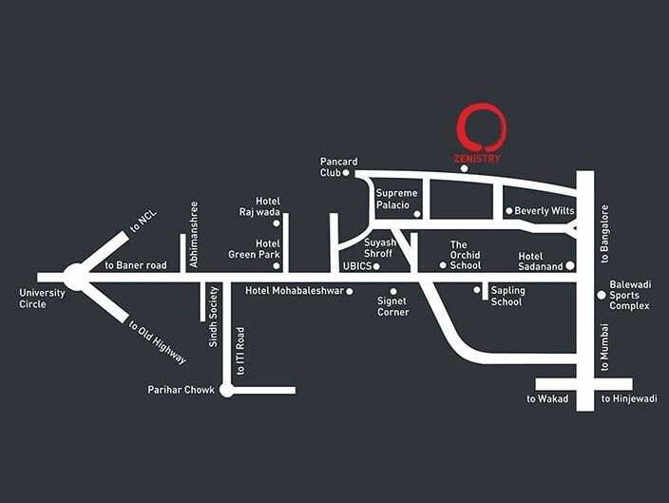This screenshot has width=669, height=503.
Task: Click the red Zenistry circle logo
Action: pyautogui.click(x=482, y=128)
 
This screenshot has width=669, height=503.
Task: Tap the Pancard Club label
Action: pyautogui.click(x=337, y=167)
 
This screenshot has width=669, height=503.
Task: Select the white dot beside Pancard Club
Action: pyautogui.click(x=346, y=173)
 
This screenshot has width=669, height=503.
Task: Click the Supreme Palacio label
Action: pyautogui.click(x=393, y=199)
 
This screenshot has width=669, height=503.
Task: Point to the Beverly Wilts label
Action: pyautogui.click(x=545, y=211)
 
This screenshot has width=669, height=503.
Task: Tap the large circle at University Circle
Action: pyautogui.click(x=75, y=277)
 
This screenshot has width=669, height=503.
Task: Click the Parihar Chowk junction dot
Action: pyautogui.click(x=226, y=390)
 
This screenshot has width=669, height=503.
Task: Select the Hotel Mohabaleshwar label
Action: pyautogui.click(x=294, y=290)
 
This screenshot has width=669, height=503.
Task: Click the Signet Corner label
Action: pyautogui.click(x=393, y=306)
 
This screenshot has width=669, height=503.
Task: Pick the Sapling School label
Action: pyautogui.click(x=507, y=296)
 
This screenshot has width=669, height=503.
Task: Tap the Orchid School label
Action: pyautogui.click(x=466, y=255)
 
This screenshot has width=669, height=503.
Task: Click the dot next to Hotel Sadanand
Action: pyautogui.click(x=570, y=266)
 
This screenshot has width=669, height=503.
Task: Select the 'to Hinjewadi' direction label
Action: pyautogui.click(x=629, y=399)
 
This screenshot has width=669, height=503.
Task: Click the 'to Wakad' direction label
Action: pyautogui.click(x=547, y=399)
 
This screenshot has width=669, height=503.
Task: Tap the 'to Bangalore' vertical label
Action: pyautogui.click(x=605, y=233)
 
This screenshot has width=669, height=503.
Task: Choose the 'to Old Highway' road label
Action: pyautogui.click(x=157, y=342)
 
